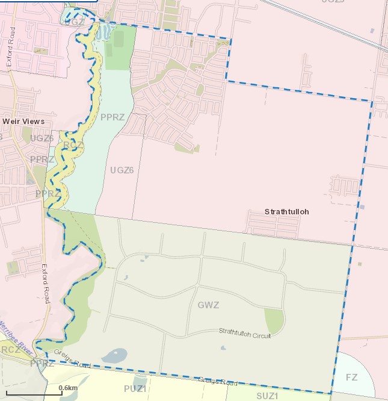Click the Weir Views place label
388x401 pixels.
(x=23, y=121)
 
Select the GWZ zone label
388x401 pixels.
(x=208, y=305)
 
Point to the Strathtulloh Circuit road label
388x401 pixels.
(x=244, y=333)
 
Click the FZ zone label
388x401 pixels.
(x=352, y=377)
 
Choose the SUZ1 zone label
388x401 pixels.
(x=268, y=396)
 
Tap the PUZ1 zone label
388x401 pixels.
(x=135, y=388)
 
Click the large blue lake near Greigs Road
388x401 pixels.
(x=114, y=356)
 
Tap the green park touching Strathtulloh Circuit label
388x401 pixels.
(x=274, y=321)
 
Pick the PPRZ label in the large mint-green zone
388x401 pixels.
(x=112, y=117)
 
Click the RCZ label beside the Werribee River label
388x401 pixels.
(x=10, y=350)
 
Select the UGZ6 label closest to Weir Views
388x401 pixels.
(x=42, y=138)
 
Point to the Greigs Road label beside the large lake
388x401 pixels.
(x=71, y=361)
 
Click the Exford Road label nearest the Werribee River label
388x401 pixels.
(x=46, y=283)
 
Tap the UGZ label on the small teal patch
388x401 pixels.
(x=73, y=22)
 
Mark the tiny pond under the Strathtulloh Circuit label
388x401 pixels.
(x=223, y=347)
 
